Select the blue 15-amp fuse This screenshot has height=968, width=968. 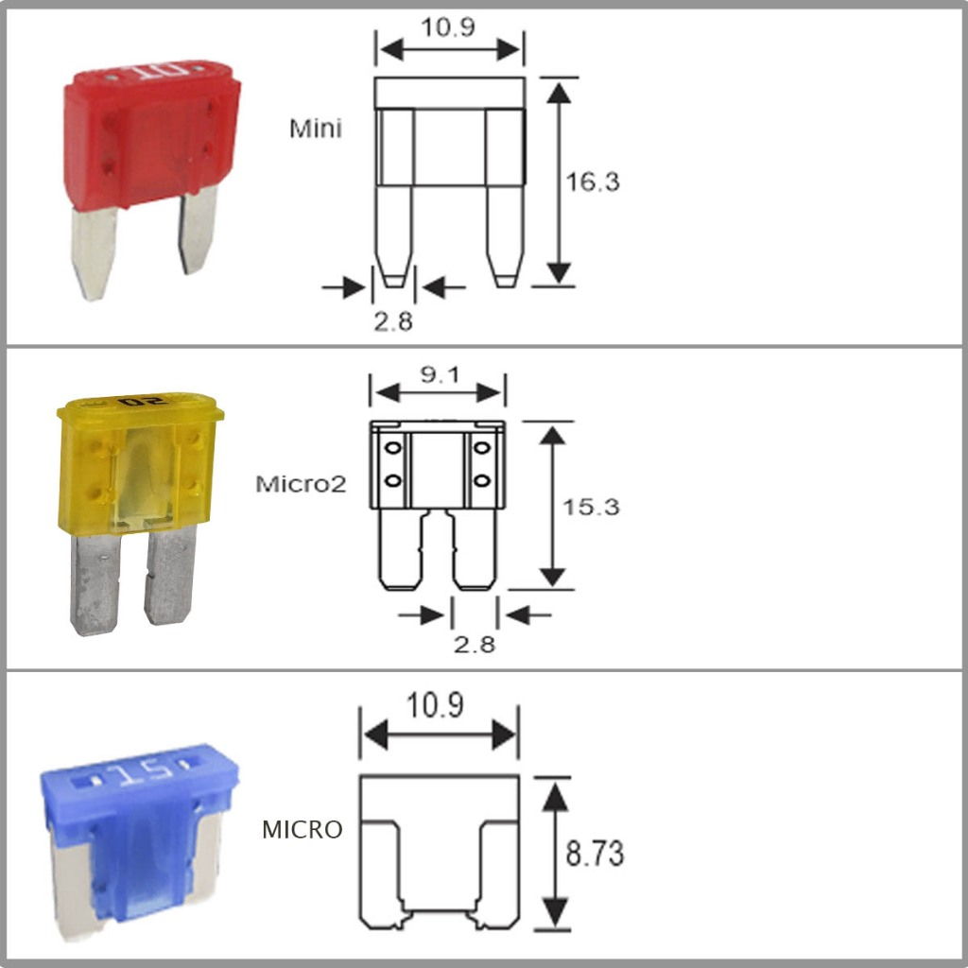pyautogui.click(x=140, y=842)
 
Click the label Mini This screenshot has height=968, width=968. pyautogui.click(x=316, y=129)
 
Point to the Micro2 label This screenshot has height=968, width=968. pyautogui.click(x=302, y=483)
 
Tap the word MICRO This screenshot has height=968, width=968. pyautogui.click(x=302, y=829)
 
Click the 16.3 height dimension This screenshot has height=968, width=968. pyautogui.click(x=593, y=181)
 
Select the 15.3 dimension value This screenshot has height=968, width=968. pyautogui.click(x=591, y=507)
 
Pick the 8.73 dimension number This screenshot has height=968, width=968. pyautogui.click(x=595, y=854)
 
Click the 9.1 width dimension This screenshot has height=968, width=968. pyautogui.click(x=441, y=374)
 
